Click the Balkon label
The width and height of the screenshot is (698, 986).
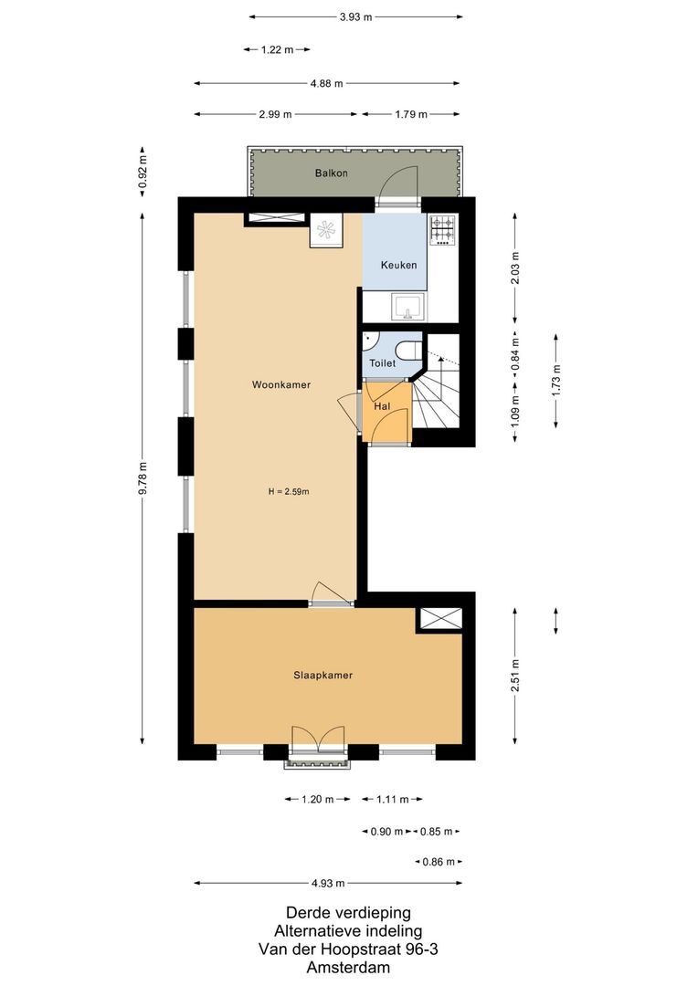(x=331, y=173)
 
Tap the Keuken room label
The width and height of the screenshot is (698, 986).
(x=398, y=265)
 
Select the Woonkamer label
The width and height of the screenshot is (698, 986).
(x=281, y=385)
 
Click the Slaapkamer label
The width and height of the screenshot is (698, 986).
(x=323, y=676)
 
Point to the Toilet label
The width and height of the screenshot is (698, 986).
(x=382, y=363)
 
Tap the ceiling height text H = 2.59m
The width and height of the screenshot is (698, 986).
(x=289, y=492)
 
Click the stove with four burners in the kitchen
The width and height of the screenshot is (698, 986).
(x=443, y=230)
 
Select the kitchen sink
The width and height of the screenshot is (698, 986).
(x=407, y=308)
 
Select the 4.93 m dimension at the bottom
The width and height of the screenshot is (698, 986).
(x=327, y=884)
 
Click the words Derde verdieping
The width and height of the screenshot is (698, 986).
(x=348, y=912)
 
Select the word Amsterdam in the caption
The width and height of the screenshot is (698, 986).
(x=348, y=968)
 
